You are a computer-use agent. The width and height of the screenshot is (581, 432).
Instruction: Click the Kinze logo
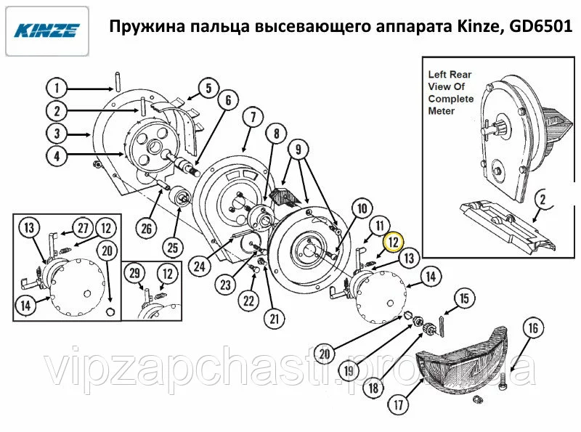click(x=47, y=30)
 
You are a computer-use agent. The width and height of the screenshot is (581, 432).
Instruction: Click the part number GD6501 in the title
click(x=540, y=27)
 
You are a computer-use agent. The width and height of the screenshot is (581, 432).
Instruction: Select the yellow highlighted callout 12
click(x=393, y=243)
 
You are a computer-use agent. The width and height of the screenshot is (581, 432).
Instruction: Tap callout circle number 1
click(x=57, y=88)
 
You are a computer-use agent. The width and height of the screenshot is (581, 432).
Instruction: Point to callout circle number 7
click(x=253, y=118)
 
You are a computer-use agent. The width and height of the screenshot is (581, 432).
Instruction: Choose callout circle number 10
click(x=362, y=209)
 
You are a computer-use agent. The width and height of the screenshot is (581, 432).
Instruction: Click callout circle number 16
click(x=533, y=328)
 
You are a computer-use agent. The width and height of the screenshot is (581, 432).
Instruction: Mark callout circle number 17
click(x=398, y=404)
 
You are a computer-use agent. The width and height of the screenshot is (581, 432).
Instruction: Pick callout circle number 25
click(x=173, y=248)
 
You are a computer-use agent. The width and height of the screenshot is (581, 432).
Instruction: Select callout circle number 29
click(x=134, y=274)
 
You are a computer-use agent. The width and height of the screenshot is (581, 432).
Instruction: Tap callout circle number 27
click(x=83, y=227)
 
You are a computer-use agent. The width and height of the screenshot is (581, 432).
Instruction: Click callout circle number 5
click(x=208, y=89)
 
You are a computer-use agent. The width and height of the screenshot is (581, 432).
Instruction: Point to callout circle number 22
click(x=248, y=301)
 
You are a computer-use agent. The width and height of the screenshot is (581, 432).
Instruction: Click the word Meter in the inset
click(x=441, y=111)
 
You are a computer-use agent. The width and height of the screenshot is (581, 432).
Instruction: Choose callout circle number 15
click(x=464, y=298)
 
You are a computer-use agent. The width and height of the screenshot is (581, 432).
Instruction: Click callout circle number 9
click(x=298, y=150)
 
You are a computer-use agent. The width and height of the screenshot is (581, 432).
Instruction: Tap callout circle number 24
click(x=199, y=266)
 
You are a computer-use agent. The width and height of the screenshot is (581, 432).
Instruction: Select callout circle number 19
click(x=349, y=371)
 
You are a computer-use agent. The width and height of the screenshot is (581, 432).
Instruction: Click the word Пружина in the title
click(x=137, y=27)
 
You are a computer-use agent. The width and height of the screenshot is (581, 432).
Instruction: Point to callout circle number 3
click(x=57, y=134)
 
